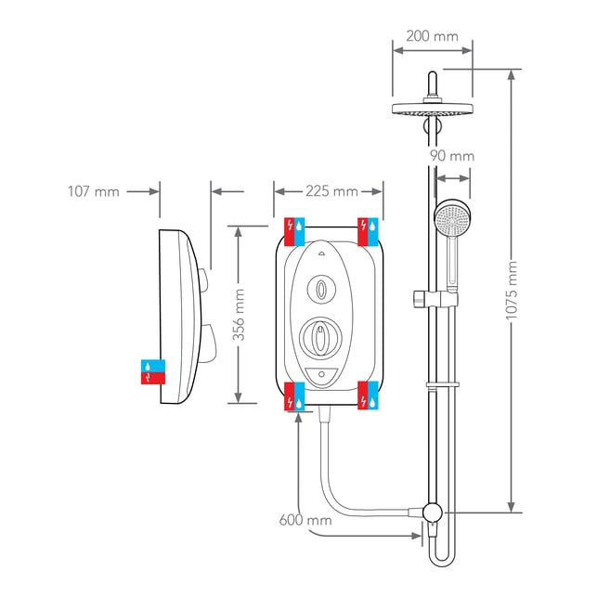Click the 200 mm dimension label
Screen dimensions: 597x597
432,36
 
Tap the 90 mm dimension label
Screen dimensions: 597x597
452,156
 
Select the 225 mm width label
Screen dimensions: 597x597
331,191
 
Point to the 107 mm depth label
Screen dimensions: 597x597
94,191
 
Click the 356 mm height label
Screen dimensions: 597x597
239,315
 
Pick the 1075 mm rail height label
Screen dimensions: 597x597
512,290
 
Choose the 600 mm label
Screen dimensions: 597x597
305,520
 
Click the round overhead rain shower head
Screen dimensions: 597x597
433,109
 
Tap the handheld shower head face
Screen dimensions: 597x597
452,220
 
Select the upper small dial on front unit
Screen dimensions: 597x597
321,290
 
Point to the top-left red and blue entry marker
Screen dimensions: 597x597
294,232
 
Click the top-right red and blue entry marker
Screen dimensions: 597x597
369,231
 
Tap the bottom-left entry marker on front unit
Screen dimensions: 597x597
294,396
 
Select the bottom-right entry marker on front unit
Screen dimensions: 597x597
369,396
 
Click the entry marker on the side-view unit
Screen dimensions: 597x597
153,371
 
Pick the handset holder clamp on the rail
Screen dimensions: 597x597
435,299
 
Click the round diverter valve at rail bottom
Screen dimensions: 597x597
432,513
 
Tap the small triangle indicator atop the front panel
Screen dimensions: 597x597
320,253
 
